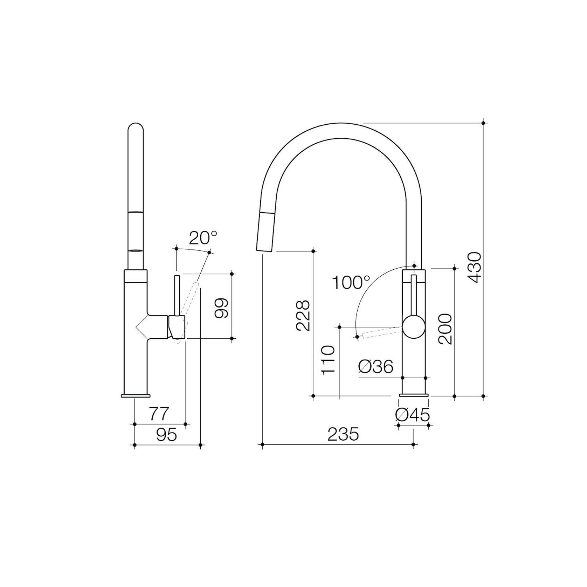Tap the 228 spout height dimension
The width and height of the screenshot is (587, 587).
click(303, 315)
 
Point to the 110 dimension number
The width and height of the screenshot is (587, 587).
click(330, 360)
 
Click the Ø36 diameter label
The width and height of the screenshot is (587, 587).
click(376, 367)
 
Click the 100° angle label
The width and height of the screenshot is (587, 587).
click(351, 283)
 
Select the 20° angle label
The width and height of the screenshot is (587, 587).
click(203, 238)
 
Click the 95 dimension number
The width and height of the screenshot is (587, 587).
click(167, 435)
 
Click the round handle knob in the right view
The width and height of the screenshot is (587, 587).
click(414, 326)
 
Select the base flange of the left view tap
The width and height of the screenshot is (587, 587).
click(135, 396)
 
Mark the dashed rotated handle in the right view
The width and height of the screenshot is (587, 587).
click(382, 332)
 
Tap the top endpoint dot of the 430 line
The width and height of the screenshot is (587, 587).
click(483, 123)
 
